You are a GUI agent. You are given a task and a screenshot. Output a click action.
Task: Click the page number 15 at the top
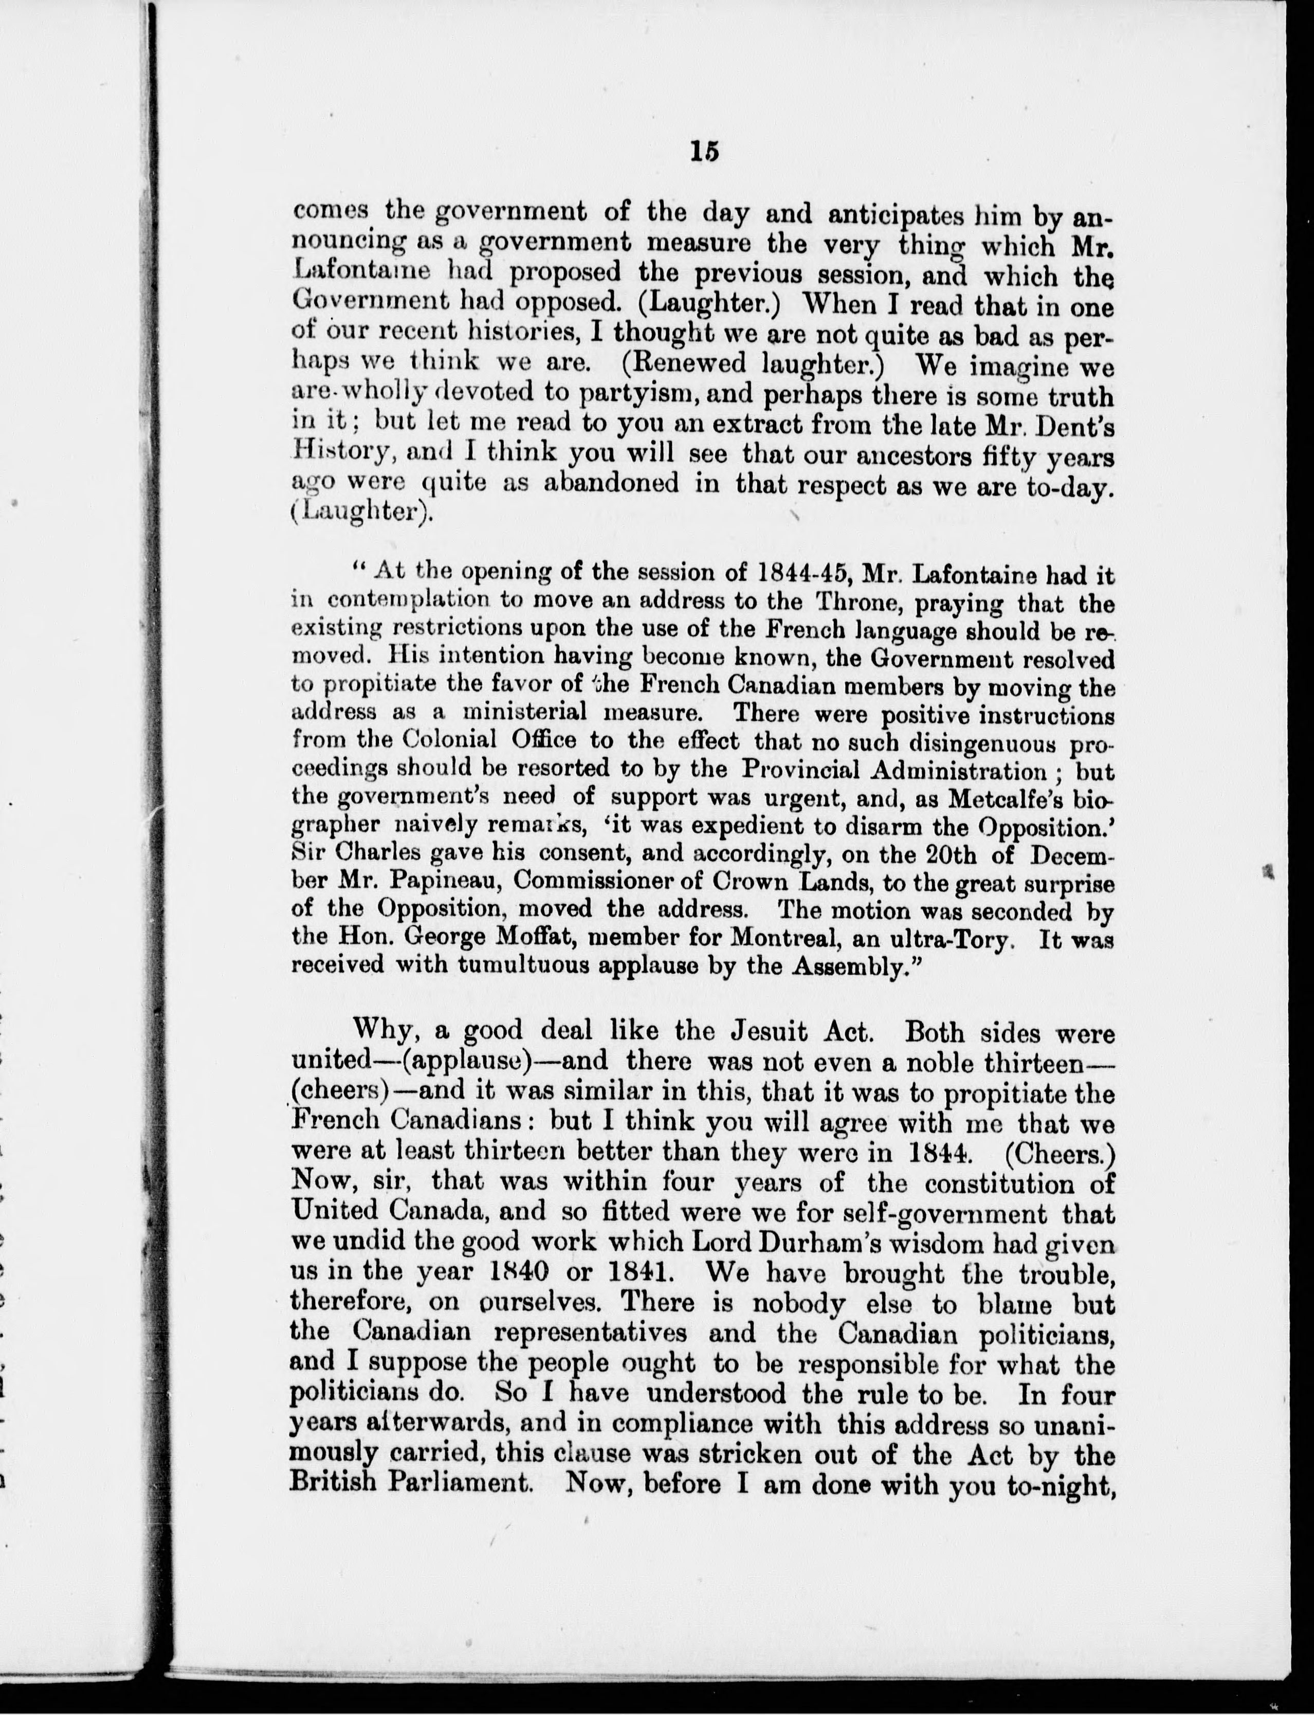point(704,151)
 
